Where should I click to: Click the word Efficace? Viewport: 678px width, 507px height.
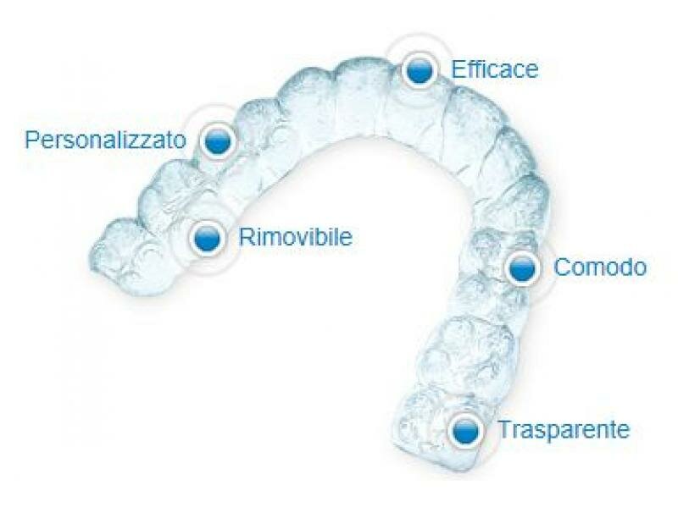[495, 69]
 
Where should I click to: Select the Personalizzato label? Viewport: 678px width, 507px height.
[106, 139]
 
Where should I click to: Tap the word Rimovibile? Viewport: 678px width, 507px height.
[295, 237]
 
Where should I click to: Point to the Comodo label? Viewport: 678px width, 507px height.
[600, 267]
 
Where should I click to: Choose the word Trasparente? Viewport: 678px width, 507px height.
[564, 429]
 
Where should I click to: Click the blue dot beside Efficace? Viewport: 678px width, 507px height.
[419, 70]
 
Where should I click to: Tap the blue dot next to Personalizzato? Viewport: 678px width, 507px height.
[218, 141]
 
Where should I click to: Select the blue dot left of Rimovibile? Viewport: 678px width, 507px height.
[207, 238]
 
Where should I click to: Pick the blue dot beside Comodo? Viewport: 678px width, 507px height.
[522, 268]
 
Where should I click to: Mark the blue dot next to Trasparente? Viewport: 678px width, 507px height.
[464, 431]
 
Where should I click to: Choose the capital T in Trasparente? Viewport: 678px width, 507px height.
[503, 429]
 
